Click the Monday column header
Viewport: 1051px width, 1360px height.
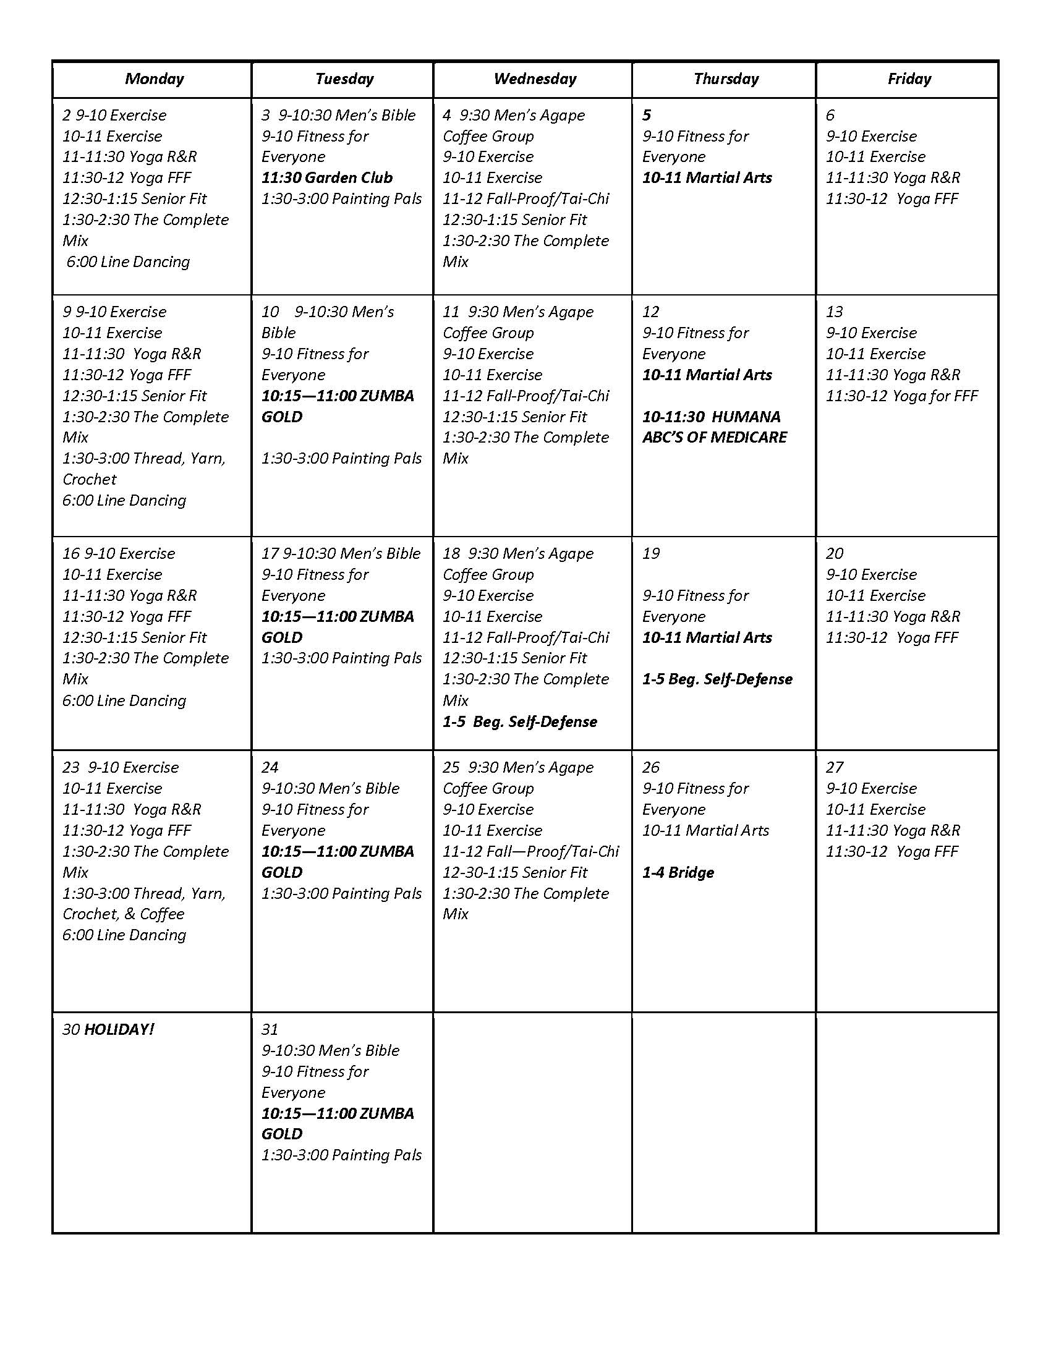[155, 79]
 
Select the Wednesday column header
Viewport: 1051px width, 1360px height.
[535, 79]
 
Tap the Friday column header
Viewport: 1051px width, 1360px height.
[909, 79]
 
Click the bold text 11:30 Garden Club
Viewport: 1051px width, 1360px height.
[327, 178]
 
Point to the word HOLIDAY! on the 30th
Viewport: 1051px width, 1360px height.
[118, 1029]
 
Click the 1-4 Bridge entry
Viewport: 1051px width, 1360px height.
[678, 872]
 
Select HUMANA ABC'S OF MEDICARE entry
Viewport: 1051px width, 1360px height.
[714, 427]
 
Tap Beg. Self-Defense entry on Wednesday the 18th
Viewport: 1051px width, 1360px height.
[520, 721]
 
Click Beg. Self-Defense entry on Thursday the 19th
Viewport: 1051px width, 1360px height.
[717, 679]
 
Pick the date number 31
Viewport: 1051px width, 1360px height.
[270, 1029]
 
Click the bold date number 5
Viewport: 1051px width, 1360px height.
[647, 115]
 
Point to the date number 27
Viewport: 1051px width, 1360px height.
[835, 767]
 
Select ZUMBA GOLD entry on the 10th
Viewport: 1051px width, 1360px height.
[338, 406]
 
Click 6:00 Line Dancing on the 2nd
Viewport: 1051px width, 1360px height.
[127, 261]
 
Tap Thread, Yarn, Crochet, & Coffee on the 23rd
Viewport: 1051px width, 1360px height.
[143, 904]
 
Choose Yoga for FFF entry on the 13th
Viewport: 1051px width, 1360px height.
[901, 396]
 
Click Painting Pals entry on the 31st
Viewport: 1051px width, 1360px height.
[341, 1155]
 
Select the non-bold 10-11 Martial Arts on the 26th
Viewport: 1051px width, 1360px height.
[705, 831]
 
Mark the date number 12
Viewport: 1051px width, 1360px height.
[650, 312]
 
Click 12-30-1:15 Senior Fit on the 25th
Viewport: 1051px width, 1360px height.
[515, 872]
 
